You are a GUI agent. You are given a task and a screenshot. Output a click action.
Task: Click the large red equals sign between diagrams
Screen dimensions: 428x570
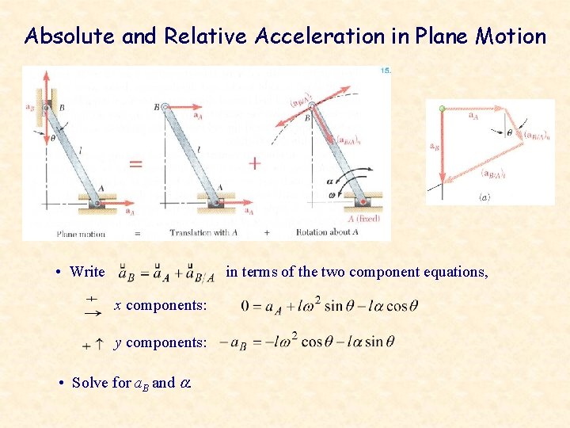[135, 164]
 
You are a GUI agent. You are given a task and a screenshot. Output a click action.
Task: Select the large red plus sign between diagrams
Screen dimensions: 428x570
[254, 163]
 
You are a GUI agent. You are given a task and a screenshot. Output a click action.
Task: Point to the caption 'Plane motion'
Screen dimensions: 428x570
[81, 234]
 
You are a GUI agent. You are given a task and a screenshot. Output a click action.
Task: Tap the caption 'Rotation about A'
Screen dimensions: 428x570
[327, 233]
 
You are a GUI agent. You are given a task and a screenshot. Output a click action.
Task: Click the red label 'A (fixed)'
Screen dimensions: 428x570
[365, 219]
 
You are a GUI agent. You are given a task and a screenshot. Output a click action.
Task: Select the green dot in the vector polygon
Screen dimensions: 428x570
[442, 109]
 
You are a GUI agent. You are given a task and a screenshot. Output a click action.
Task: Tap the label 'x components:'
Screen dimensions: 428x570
[161, 305]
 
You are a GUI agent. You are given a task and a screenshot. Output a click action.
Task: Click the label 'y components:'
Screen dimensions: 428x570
[161, 342]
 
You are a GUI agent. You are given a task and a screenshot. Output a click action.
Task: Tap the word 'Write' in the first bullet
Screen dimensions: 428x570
[87, 272]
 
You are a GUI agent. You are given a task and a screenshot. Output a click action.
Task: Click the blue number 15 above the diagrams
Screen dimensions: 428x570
[386, 71]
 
